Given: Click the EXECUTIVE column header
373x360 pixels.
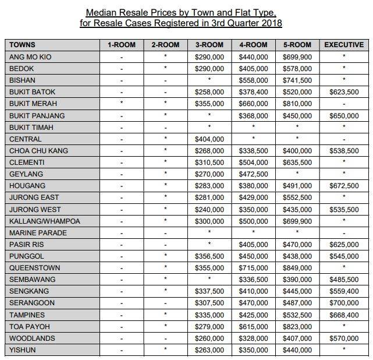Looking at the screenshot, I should tap(343, 45).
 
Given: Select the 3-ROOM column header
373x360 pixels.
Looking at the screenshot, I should tap(209, 45).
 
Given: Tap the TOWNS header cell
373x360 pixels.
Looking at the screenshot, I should tap(23, 45).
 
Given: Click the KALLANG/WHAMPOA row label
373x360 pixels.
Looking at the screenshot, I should tap(45, 221).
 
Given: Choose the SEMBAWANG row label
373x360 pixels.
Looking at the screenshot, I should tap(31, 280).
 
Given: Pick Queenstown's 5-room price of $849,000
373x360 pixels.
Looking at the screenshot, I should tap(297, 268).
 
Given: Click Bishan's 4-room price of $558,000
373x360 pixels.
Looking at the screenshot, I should tap(253, 80).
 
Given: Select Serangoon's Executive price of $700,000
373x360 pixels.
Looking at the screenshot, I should tap(343, 303).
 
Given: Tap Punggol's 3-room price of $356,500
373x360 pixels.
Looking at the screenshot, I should tap(209, 256).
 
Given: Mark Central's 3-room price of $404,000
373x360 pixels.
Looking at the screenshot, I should tap(209, 139).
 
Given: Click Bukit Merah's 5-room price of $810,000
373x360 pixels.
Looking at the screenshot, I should tap(297, 104).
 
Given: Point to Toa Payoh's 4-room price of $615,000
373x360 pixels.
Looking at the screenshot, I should tap(253, 326).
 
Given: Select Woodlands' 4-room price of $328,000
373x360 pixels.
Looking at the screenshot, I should tap(253, 338).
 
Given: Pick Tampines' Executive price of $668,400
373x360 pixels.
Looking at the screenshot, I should tap(343, 315).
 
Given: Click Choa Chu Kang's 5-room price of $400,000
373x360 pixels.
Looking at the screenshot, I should tap(297, 151).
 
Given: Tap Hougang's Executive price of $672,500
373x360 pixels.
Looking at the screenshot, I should tap(343, 186).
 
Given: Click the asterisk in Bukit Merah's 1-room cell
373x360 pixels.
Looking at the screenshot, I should tap(121, 103).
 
